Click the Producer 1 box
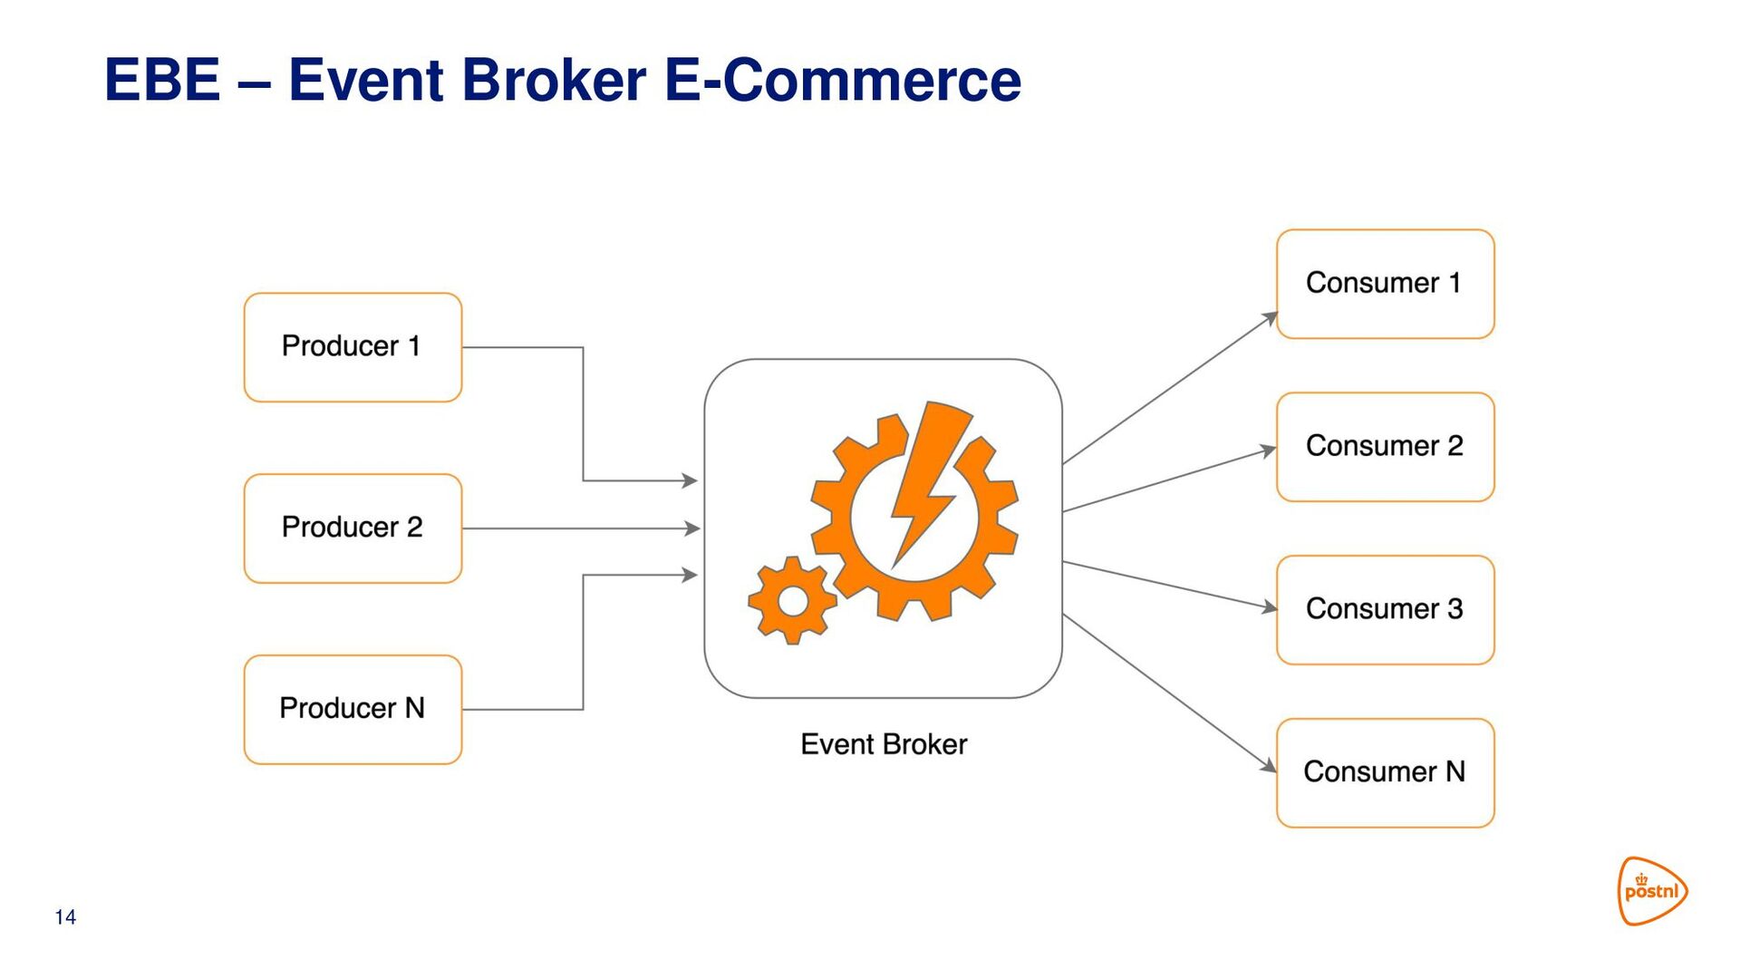(x=353, y=347)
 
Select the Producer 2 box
(x=353, y=528)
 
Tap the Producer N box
(x=353, y=710)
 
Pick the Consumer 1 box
(x=1385, y=284)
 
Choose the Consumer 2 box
(x=1385, y=447)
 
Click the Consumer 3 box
(x=1385, y=610)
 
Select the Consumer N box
(x=1385, y=773)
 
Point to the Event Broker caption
(x=884, y=744)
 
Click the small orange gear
(x=792, y=600)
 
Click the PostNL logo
(x=1652, y=891)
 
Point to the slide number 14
(x=65, y=917)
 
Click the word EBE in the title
(x=162, y=80)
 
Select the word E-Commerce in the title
(x=843, y=80)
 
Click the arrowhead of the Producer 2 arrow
(x=692, y=528)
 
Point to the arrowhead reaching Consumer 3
(x=1269, y=607)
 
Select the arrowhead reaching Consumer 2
(x=1269, y=450)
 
